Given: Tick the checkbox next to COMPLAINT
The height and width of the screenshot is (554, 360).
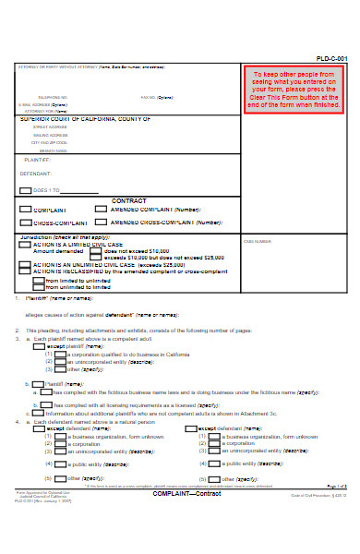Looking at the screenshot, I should tap(25, 210).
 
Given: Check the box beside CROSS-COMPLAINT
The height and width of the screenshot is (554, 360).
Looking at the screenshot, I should tap(25, 223).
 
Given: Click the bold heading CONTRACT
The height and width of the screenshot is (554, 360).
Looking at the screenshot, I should tap(128, 200).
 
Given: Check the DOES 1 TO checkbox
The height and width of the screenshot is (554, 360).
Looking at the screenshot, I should tap(25, 190).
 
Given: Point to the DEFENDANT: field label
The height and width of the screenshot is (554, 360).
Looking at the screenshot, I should tap(37, 173).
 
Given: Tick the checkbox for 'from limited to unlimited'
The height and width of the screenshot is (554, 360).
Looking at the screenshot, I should tap(39, 280).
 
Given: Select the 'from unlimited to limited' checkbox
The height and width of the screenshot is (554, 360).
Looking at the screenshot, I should tap(39, 287).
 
